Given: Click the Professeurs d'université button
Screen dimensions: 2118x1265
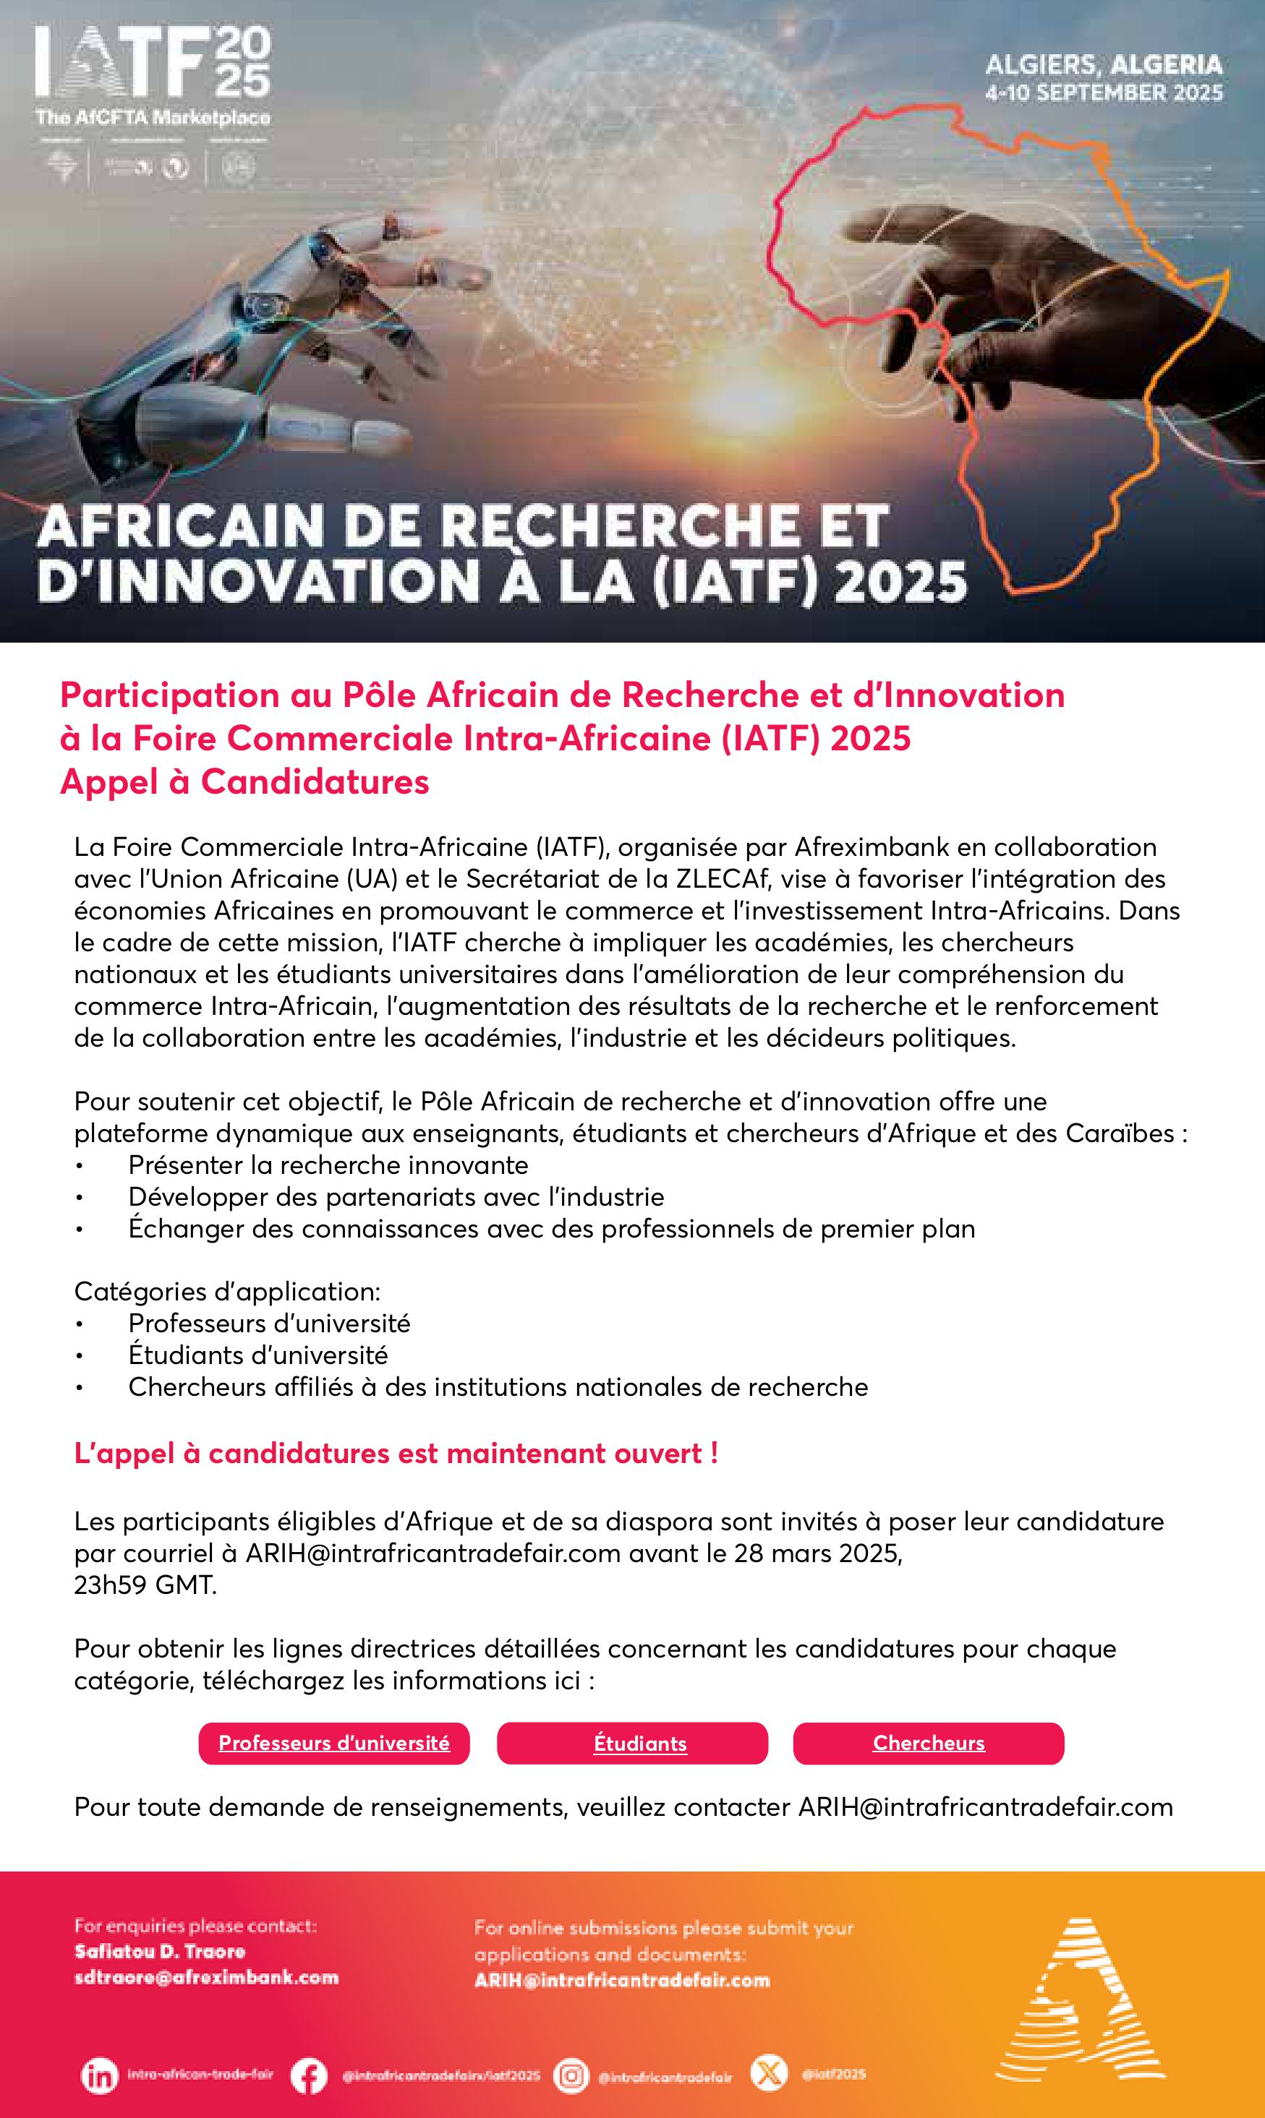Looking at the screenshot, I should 333,1743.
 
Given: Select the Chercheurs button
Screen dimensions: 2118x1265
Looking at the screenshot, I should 928,1743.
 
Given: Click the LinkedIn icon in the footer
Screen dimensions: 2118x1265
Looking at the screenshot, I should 99,2075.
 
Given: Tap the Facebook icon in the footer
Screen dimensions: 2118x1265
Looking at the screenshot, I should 309,2075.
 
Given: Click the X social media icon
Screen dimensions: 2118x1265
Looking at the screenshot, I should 768,2074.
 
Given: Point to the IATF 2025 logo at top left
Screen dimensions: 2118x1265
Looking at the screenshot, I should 153,75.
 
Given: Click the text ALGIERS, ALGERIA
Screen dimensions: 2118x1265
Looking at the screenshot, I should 1103,64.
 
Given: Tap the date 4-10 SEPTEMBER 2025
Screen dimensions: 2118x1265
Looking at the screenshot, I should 1103,93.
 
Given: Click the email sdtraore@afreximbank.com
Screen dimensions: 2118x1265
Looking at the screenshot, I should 206,1978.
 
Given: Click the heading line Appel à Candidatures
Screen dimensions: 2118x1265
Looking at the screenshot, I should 244,782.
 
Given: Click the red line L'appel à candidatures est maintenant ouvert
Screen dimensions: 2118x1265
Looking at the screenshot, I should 396,1454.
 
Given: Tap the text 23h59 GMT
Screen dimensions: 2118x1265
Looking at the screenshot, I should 145,1585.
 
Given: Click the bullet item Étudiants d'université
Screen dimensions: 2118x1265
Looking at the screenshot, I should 257,1355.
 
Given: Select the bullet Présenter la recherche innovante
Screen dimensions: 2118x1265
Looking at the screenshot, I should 328,1165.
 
